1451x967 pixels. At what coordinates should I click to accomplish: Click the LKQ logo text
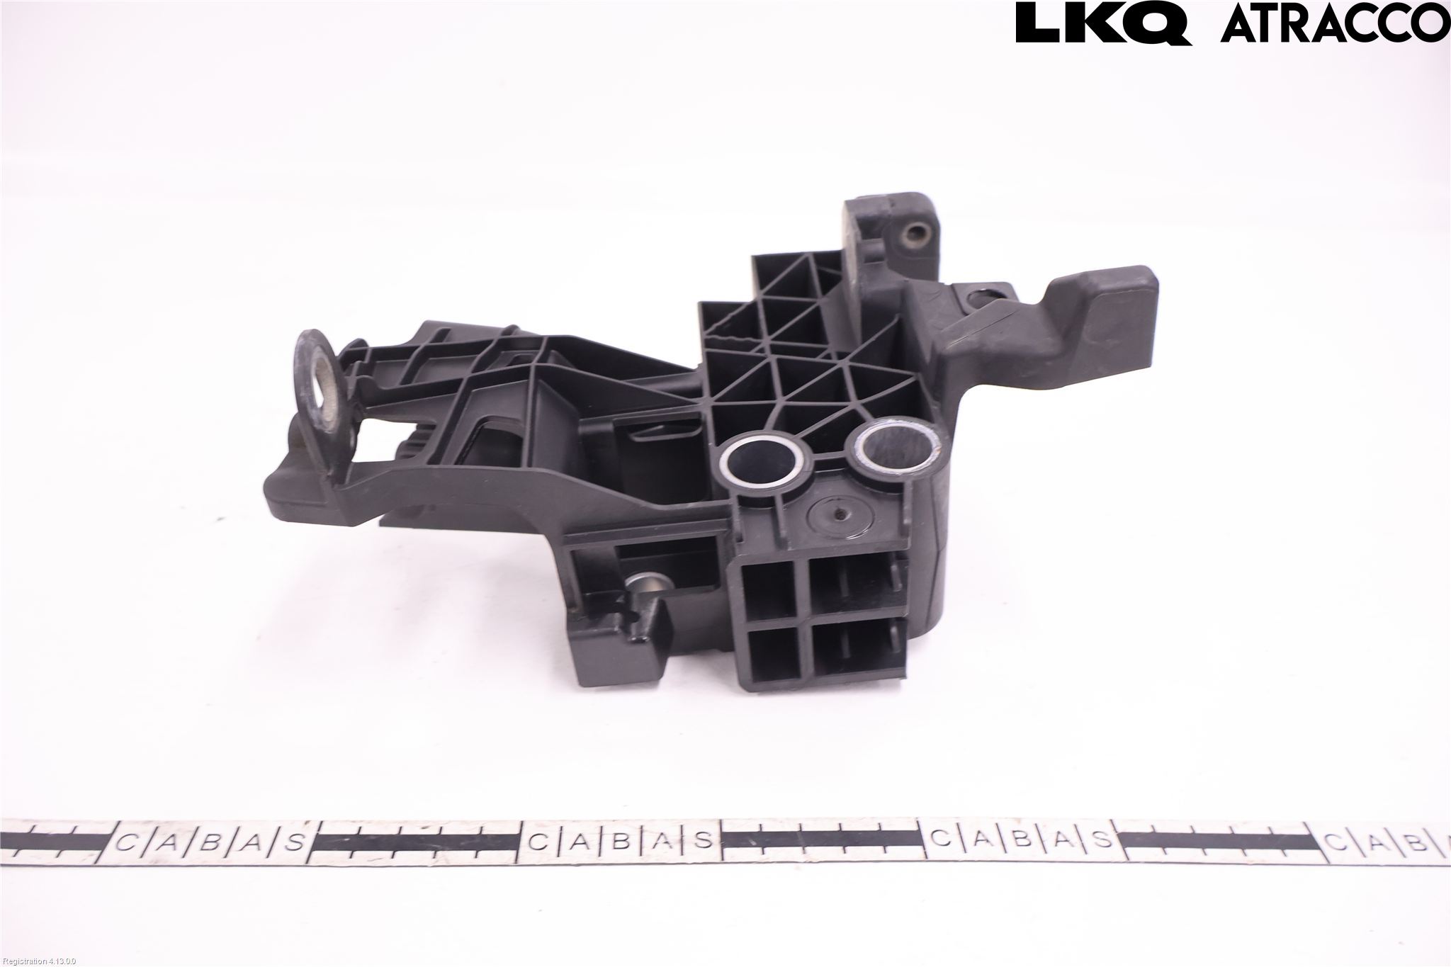coord(1104,23)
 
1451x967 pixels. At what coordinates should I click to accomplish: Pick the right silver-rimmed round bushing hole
coord(894,448)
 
